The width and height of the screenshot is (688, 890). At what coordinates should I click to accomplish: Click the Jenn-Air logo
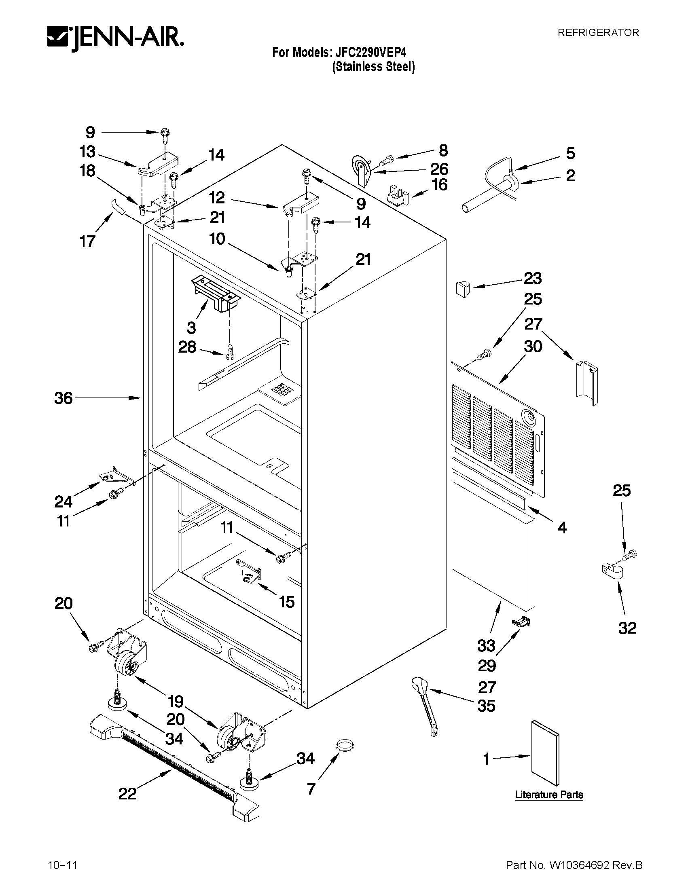(115, 39)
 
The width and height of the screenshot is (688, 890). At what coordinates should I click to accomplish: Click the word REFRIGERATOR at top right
(598, 33)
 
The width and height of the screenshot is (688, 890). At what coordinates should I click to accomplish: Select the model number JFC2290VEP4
(370, 53)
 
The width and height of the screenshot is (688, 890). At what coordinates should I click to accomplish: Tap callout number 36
(64, 398)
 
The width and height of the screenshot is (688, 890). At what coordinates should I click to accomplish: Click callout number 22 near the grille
(127, 793)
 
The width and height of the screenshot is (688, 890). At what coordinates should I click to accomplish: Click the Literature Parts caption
(548, 795)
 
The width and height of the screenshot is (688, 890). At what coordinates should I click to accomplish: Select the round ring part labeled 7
(345, 745)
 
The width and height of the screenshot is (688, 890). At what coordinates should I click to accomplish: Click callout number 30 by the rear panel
(533, 347)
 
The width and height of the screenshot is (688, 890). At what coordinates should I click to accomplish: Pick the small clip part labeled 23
(461, 289)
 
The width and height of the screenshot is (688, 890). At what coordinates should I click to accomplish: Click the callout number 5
(570, 154)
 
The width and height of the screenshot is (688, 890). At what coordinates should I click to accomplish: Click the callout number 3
(191, 327)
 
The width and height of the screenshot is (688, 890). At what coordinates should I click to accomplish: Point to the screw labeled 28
(229, 351)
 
